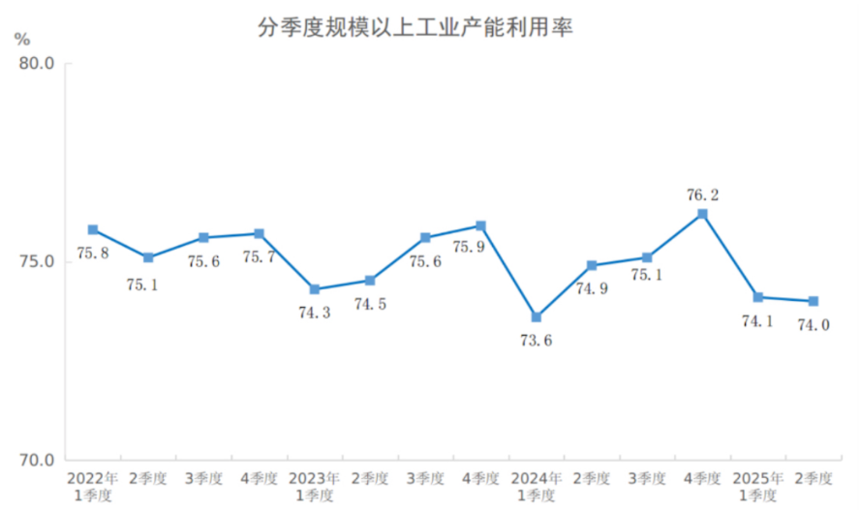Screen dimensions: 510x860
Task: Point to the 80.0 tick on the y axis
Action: [x=36, y=64]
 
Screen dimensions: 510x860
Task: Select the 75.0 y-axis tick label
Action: [x=36, y=262]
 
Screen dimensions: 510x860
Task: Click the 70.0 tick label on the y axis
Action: [x=36, y=460]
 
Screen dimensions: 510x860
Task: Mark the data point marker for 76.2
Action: [x=703, y=214]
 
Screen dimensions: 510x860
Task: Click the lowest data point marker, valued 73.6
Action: [x=537, y=317]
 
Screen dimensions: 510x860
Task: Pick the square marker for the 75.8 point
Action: [x=93, y=229]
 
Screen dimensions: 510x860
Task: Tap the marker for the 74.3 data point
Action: [x=315, y=289]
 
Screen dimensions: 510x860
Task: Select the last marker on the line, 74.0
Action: [x=814, y=301]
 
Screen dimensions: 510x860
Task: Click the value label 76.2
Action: [x=703, y=195]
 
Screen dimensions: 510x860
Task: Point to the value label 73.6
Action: [x=537, y=340]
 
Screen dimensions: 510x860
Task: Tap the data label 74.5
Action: [x=371, y=303]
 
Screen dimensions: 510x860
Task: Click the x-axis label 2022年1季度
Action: [x=93, y=486]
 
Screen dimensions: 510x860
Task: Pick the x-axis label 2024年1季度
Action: [x=537, y=486]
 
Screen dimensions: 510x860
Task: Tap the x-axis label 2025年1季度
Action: [x=758, y=486]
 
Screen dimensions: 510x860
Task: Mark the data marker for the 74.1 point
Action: [x=758, y=297]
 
